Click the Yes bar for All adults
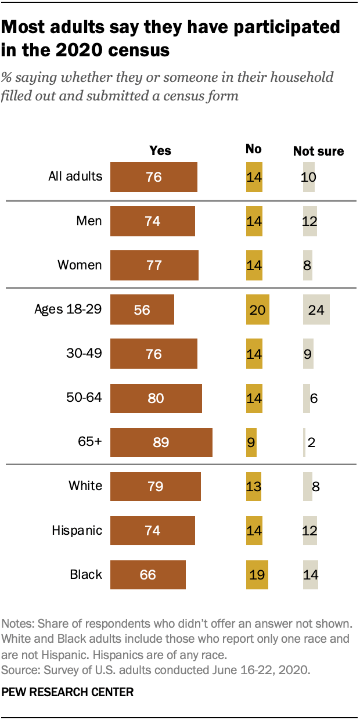[153, 177]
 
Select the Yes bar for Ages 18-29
[142, 309]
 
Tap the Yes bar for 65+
[161, 442]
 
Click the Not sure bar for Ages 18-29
[316, 309]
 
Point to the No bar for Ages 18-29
[257, 309]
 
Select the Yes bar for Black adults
[147, 574]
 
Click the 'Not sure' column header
[318, 152]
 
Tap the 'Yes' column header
[160, 150]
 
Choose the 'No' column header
[253, 149]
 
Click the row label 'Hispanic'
[77, 530]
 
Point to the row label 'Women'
[80, 265]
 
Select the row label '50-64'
[84, 398]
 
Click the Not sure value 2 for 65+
[311, 442]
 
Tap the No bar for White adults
[254, 486]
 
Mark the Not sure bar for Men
[309, 221]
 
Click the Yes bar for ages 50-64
[156, 398]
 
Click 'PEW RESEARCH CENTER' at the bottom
[68, 692]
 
